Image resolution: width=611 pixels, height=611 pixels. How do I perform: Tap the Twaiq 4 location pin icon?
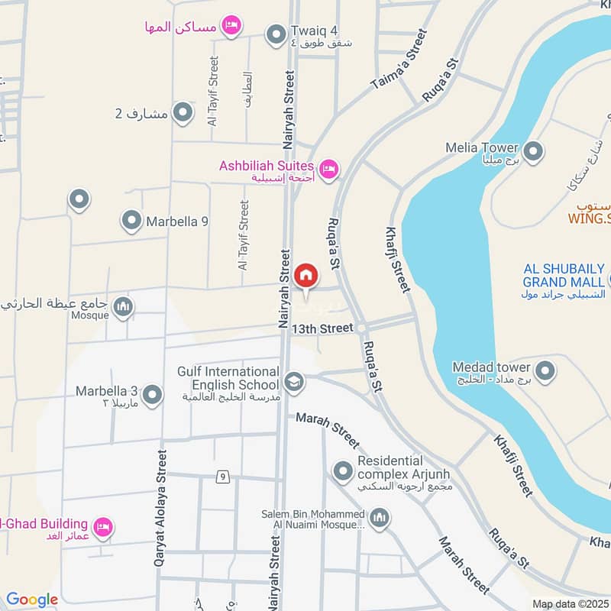tap(275, 34)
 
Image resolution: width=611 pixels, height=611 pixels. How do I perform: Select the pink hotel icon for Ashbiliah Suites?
tap(328, 169)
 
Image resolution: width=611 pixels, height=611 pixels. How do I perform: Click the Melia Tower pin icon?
tap(534, 151)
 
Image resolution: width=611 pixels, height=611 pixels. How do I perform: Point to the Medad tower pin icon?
tap(545, 372)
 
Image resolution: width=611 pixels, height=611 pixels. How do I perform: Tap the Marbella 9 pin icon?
tap(131, 221)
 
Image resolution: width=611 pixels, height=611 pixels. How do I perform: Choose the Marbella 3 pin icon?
tap(153, 395)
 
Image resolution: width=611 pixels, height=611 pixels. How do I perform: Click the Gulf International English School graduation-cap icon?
tap(293, 380)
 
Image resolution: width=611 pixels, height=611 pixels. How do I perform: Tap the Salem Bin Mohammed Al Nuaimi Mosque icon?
tap(380, 519)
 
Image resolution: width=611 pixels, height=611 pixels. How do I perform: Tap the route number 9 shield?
tap(222, 477)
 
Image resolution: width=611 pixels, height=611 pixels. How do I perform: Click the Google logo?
tap(32, 600)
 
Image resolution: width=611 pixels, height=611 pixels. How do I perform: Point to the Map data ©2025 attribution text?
tap(571, 603)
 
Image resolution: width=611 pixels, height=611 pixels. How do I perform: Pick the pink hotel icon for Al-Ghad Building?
tap(102, 526)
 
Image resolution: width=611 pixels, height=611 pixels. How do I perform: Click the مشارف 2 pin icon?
tap(183, 113)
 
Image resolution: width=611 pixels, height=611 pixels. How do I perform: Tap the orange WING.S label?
tap(590, 219)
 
